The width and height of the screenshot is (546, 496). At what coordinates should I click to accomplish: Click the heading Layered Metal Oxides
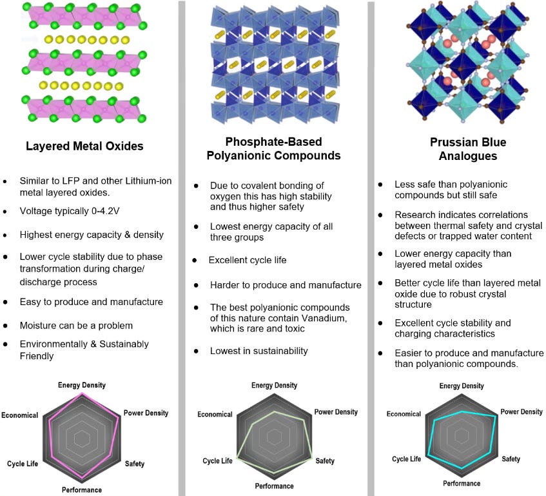coord(84,146)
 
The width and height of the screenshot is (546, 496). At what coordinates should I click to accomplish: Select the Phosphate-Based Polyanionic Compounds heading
coord(273,148)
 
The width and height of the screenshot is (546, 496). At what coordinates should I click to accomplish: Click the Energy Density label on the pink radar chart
coord(82,385)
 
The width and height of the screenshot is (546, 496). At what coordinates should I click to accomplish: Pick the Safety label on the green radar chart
coord(325,461)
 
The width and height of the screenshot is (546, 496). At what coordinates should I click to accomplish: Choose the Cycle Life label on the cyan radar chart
coord(406,459)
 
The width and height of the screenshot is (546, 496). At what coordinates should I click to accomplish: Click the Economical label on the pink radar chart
coord(20,415)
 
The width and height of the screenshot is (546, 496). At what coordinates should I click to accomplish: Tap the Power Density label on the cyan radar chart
coord(522,412)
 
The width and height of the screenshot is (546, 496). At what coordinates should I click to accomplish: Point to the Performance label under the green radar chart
coord(274,486)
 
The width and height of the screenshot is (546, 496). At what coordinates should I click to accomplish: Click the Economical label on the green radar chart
coord(215,414)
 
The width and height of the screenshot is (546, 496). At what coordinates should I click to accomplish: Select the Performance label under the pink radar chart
coord(82,490)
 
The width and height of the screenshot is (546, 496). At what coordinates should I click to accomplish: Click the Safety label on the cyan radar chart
coord(511,459)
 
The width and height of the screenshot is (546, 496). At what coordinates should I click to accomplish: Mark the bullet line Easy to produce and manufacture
coord(91,302)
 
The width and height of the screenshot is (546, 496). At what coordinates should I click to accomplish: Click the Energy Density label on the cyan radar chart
coord(462,386)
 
